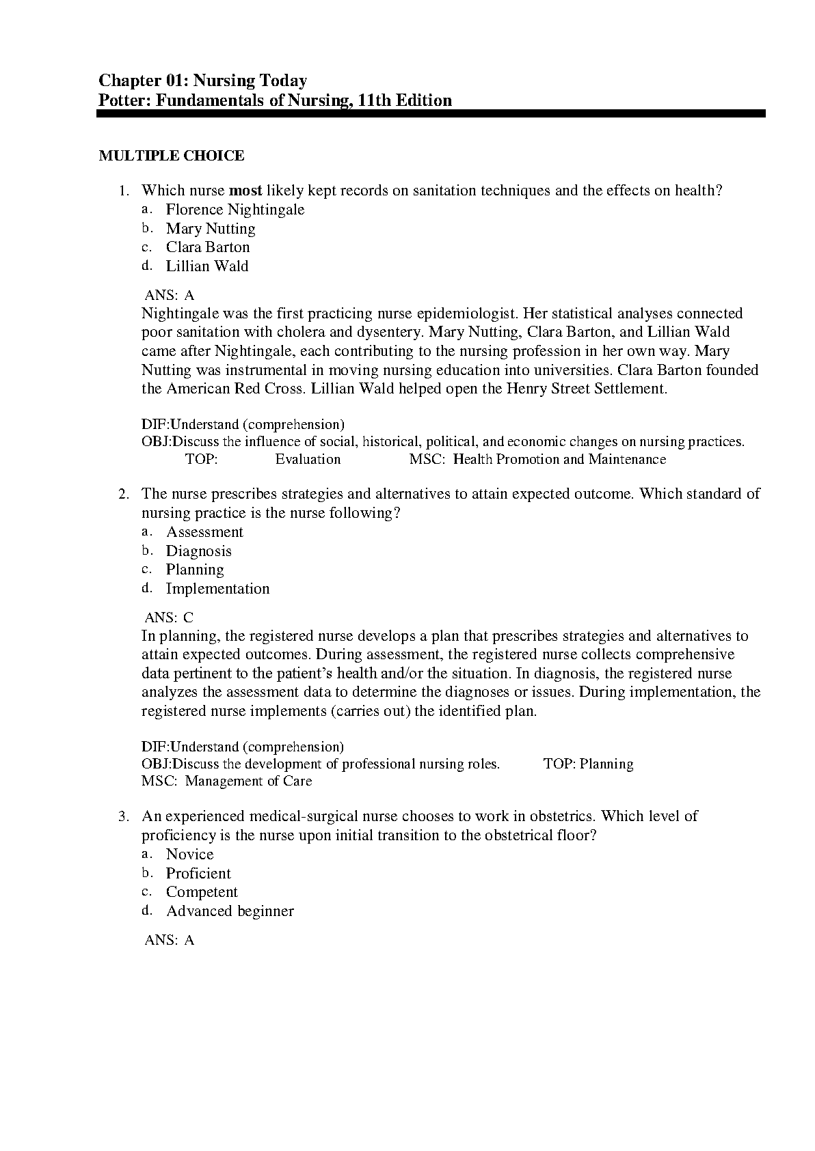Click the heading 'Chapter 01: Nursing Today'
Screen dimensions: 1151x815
(202, 81)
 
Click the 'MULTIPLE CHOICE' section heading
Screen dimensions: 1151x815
(172, 156)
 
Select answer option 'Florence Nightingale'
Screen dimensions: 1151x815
(235, 210)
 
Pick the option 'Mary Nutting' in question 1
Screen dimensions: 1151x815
(211, 229)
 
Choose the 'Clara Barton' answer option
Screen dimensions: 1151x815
(208, 247)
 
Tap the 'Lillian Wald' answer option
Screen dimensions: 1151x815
(207, 266)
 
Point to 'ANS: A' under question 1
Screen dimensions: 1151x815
(170, 295)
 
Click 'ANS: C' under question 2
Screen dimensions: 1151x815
(170, 618)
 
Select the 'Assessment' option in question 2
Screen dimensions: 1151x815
(204, 532)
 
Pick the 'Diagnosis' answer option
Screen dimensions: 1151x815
(199, 551)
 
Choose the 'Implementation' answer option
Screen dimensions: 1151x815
(217, 589)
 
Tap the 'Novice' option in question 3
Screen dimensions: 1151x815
(190, 855)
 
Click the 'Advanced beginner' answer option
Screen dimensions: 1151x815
(230, 911)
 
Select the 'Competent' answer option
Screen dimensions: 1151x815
(202, 892)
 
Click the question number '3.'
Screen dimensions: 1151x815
(124, 816)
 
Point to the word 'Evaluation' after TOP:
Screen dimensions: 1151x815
(308, 460)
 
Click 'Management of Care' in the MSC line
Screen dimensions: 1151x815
(248, 781)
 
